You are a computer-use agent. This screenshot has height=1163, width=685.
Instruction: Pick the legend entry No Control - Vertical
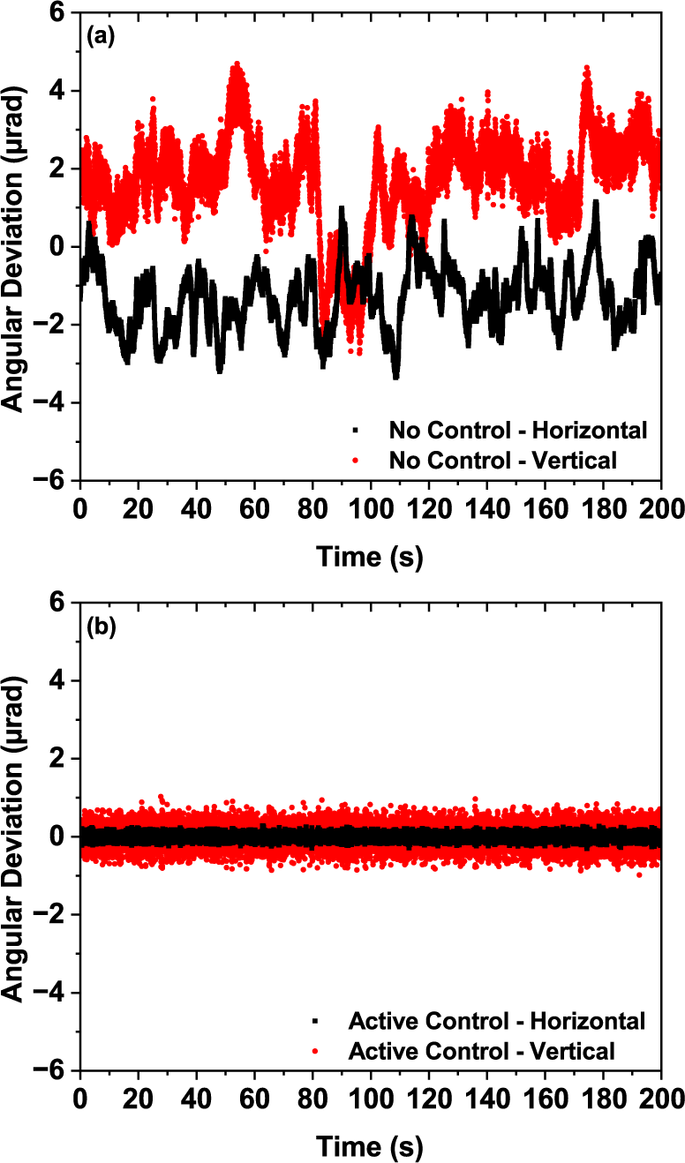tap(502, 460)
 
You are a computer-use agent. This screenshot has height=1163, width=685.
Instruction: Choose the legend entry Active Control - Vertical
tap(482, 1051)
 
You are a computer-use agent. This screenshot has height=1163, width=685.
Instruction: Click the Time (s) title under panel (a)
tap(371, 558)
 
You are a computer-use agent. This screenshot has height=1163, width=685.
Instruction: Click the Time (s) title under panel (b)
tap(371, 1147)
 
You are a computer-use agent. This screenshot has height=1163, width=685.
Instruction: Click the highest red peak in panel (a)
tap(236, 64)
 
